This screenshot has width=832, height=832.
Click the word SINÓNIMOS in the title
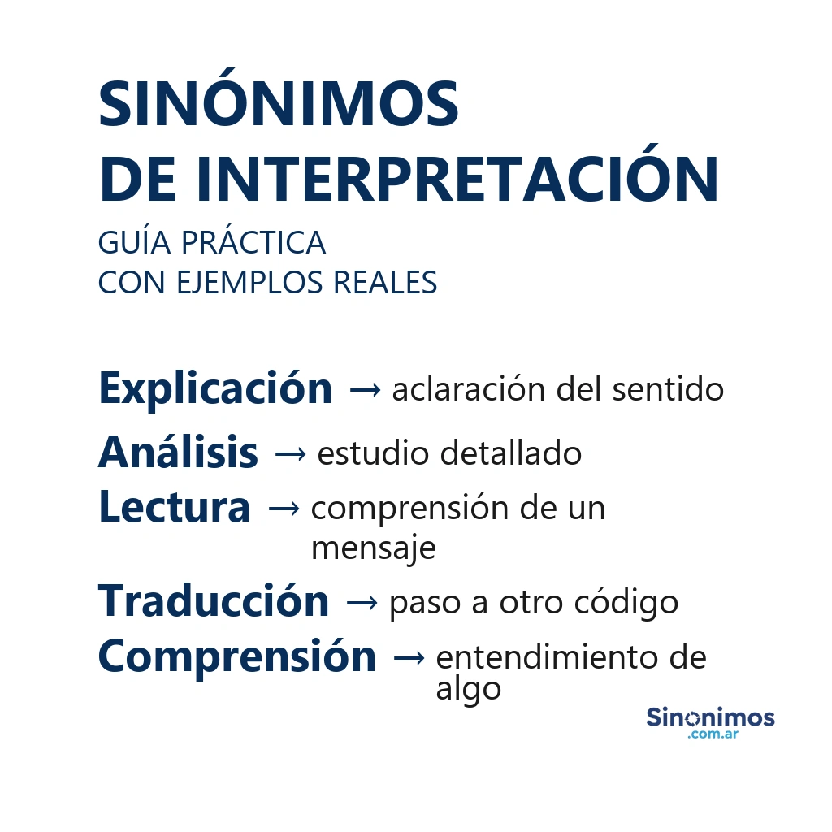278,105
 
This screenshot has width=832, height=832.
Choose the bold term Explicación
215,388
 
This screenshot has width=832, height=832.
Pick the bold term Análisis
178,453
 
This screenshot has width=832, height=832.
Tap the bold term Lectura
174,507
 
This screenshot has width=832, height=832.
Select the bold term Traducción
214,601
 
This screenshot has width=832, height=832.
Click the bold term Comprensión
237,656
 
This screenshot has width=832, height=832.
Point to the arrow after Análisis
289,455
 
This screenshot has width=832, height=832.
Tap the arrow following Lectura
282,509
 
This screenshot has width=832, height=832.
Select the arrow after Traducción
361,603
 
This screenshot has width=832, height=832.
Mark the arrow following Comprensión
408,658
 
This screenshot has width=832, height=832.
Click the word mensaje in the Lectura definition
373,548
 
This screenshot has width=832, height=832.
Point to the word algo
468,690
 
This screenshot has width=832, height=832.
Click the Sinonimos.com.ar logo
710,722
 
